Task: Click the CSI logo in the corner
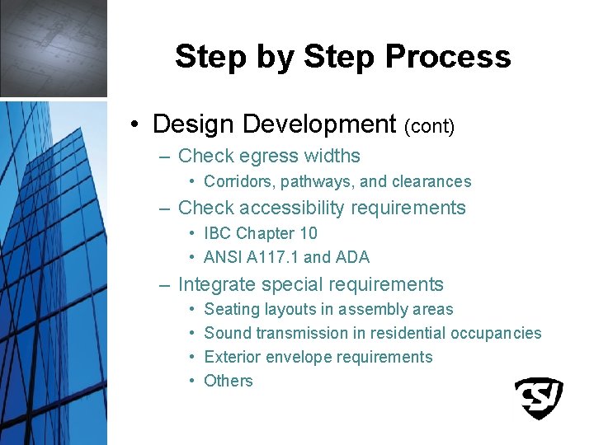(x=539, y=398)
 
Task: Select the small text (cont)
(x=429, y=126)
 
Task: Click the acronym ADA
(x=352, y=257)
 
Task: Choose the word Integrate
(x=216, y=284)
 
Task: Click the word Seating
(x=231, y=310)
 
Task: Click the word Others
(x=228, y=381)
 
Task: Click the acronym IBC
(x=218, y=233)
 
